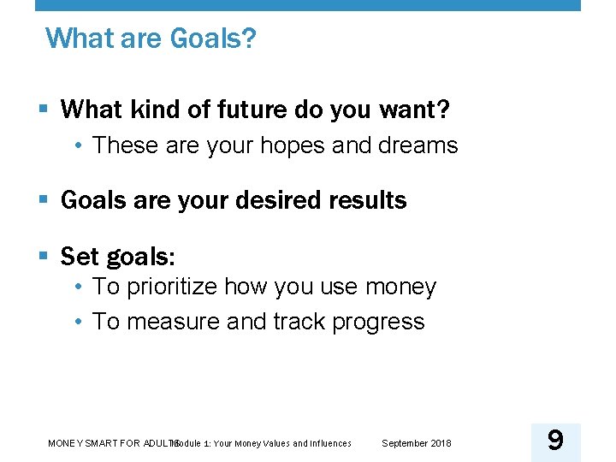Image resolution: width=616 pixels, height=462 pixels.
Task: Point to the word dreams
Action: click(x=418, y=145)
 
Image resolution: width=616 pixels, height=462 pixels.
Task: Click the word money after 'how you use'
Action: click(x=400, y=287)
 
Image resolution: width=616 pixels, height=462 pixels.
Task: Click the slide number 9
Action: click(x=555, y=441)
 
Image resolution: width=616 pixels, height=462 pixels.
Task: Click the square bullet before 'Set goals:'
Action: click(x=44, y=256)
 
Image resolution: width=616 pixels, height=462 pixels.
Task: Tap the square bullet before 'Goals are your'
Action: click(x=44, y=200)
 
